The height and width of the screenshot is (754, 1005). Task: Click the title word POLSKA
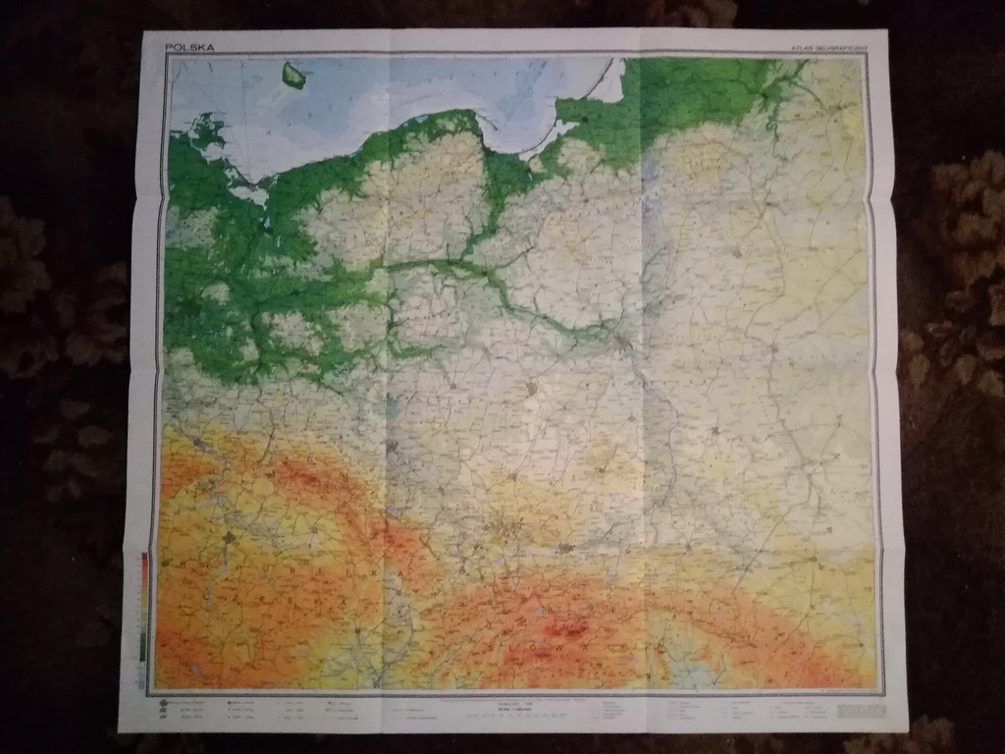point(188,46)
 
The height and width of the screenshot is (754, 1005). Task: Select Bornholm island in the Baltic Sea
point(292,73)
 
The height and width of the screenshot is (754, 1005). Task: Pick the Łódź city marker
point(532,389)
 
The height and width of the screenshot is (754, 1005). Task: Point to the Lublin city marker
point(718,431)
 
